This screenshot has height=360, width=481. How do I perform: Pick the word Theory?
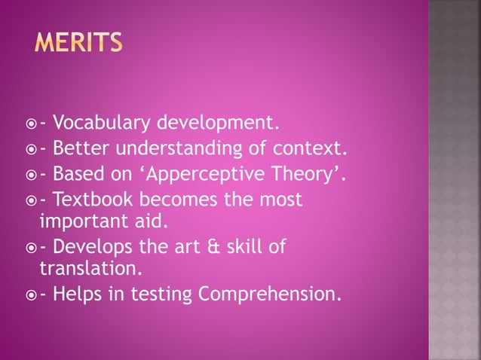pyautogui.click(x=308, y=175)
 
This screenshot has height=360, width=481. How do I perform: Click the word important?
pyautogui.click(x=81, y=223)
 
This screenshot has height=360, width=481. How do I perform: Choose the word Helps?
pyautogui.click(x=76, y=294)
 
